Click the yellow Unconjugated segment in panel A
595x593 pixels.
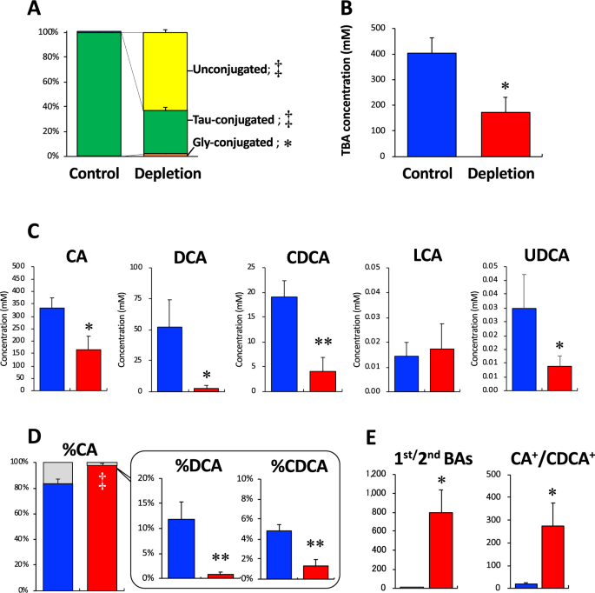point(164,71)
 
